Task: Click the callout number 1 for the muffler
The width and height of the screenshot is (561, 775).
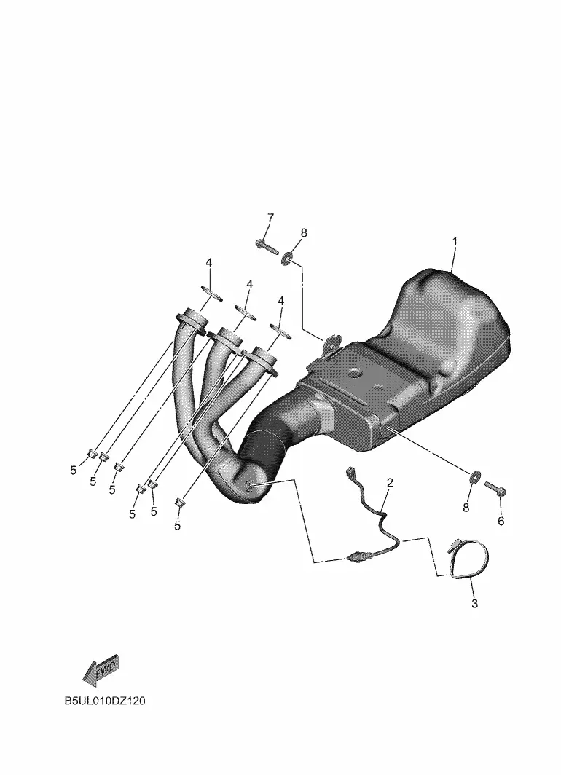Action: [455, 242]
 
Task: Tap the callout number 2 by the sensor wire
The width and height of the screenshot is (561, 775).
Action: [390, 482]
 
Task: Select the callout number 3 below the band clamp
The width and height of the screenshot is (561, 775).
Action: [474, 604]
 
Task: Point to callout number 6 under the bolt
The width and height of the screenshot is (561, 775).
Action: [501, 521]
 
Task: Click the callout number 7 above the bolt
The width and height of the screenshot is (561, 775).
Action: [270, 218]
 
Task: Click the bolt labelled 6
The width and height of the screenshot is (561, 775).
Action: [495, 489]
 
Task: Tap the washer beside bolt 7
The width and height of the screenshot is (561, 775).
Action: [287, 257]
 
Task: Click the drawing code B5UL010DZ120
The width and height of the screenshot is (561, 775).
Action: [105, 701]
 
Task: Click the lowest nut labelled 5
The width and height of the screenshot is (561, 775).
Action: [180, 503]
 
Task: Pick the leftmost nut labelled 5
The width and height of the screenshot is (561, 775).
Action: [92, 452]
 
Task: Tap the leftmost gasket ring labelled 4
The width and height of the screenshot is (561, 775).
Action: [211, 293]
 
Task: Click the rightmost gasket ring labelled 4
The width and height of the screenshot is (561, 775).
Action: [280, 330]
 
